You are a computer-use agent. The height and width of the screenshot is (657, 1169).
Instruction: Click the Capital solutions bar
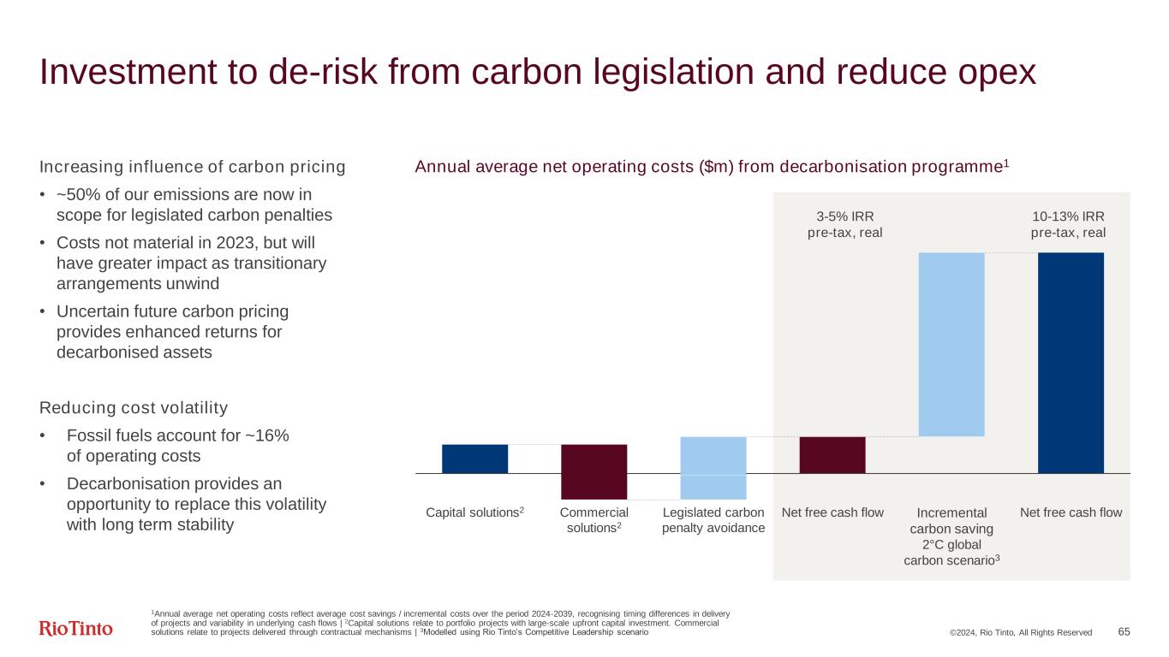474,459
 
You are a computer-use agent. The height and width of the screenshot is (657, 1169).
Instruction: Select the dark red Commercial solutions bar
593,471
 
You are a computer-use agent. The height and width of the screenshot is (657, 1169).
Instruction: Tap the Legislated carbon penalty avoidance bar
713,467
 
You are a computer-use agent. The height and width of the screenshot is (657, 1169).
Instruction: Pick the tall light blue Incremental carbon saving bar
951,344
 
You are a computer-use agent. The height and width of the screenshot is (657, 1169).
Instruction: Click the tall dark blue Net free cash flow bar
1071,363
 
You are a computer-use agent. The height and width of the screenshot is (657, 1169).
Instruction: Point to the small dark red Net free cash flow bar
832,454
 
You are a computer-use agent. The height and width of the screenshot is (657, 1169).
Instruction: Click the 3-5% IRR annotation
844,224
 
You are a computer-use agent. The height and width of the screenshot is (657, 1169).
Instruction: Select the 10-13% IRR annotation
1067,224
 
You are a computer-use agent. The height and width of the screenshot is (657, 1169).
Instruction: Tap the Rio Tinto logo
76,630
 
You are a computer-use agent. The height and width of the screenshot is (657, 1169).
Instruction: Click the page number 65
1124,631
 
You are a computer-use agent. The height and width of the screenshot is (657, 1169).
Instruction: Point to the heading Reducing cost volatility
134,406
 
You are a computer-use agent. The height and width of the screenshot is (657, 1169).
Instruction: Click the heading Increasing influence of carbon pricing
192,167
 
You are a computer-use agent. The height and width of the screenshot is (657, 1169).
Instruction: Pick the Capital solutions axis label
474,512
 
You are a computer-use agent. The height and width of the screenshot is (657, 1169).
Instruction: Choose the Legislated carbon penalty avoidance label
713,520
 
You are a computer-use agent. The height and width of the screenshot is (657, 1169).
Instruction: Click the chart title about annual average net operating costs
712,167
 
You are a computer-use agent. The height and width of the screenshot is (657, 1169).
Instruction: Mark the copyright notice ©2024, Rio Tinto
1020,632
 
